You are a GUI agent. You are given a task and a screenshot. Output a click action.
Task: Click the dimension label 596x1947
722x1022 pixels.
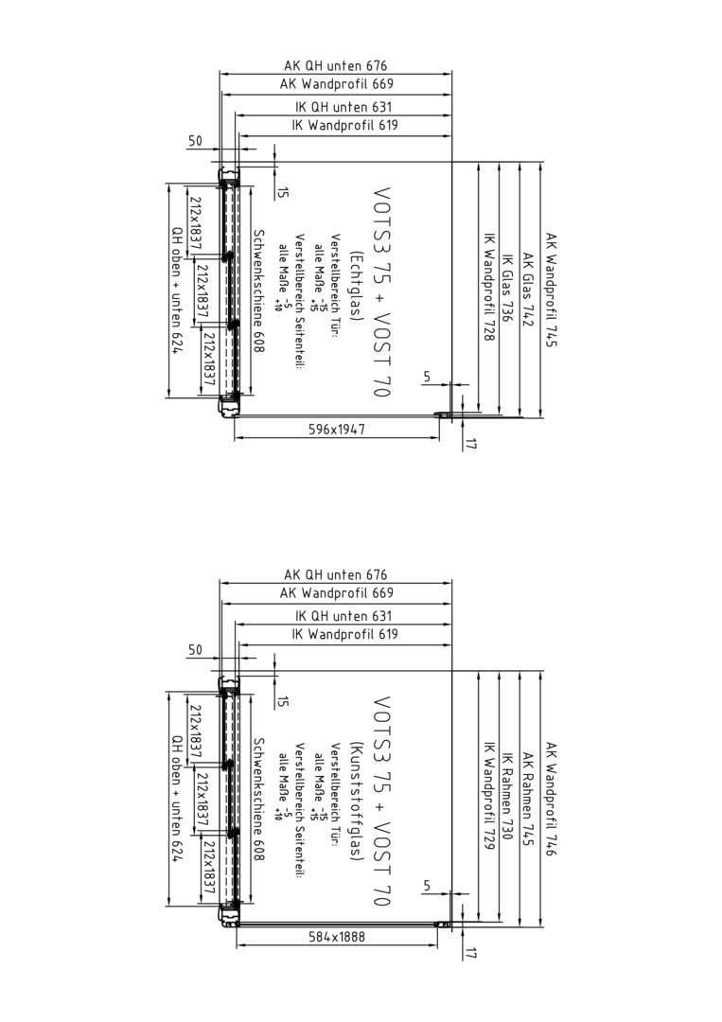click(336, 429)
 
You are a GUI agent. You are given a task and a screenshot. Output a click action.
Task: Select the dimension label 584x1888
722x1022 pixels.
click(336, 937)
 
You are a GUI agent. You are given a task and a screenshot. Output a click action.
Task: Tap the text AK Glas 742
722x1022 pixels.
click(528, 291)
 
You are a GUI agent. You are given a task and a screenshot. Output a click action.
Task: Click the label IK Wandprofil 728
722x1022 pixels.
click(488, 287)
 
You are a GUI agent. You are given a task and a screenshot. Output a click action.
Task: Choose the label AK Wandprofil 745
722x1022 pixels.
click(552, 291)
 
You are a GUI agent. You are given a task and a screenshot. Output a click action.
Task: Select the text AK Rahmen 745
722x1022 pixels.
click(528, 800)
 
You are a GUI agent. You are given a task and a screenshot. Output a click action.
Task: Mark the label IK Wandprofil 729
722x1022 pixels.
click(488, 796)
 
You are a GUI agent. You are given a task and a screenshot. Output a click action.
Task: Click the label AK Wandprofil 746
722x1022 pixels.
click(552, 799)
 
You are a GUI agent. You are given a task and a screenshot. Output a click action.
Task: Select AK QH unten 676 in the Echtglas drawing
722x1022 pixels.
click(336, 65)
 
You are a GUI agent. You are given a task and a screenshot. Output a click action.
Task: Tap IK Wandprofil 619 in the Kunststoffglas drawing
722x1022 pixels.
click(344, 633)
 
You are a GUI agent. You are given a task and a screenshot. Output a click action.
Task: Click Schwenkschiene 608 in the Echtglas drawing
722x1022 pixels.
click(258, 291)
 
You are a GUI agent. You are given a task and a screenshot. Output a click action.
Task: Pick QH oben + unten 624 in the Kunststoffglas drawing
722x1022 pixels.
click(177, 800)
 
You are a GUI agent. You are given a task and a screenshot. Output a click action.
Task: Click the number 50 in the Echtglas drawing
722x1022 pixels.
click(195, 140)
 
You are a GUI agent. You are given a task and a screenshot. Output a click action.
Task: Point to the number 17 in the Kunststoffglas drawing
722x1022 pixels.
click(471, 952)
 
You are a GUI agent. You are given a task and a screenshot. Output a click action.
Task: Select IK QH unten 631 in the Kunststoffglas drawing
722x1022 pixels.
click(344, 615)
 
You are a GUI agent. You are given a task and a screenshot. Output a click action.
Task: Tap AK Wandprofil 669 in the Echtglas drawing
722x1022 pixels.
click(337, 83)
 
